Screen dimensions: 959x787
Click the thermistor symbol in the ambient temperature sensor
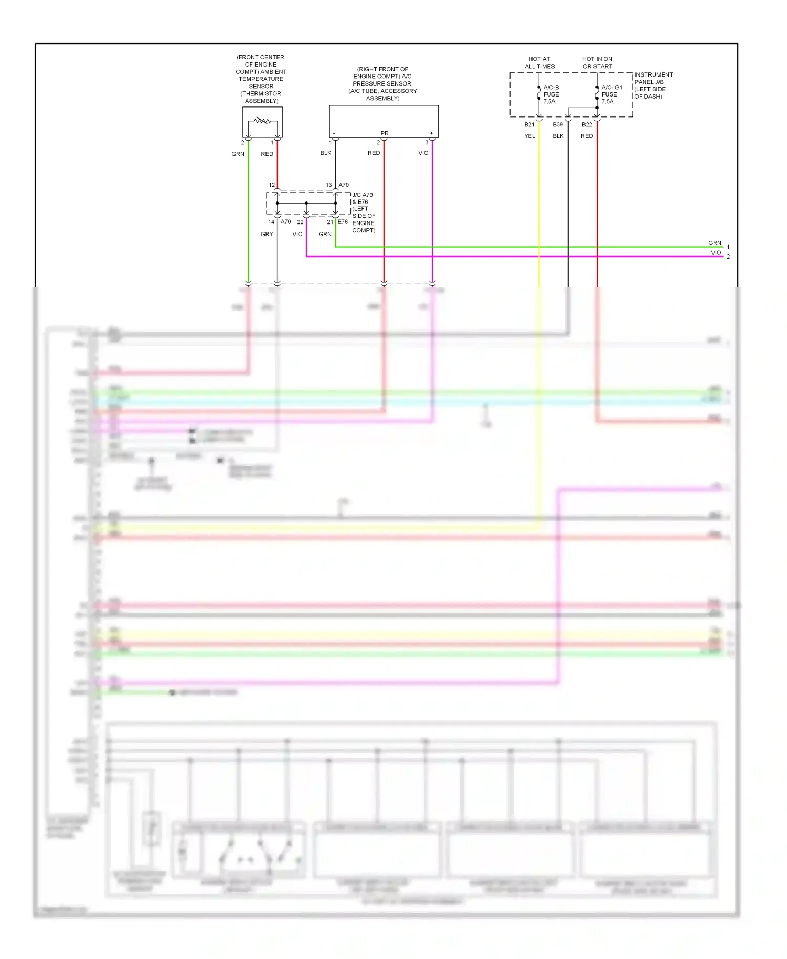click(x=262, y=121)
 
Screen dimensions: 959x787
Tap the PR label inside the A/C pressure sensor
click(x=385, y=133)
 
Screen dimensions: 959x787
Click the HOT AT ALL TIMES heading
click(x=539, y=63)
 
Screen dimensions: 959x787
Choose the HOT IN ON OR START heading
click(x=597, y=63)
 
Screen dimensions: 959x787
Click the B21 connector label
click(x=529, y=125)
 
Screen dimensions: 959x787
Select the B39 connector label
click(x=558, y=125)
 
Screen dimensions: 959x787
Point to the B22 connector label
click(x=587, y=125)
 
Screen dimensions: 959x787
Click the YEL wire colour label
click(x=530, y=136)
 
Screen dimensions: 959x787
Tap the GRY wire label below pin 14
click(x=267, y=235)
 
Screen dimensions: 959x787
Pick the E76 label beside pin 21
click(x=343, y=222)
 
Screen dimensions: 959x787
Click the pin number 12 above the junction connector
click(x=272, y=185)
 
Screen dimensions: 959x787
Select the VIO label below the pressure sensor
click(x=423, y=153)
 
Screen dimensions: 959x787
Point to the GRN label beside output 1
click(x=715, y=243)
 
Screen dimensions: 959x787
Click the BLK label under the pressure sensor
click(x=326, y=153)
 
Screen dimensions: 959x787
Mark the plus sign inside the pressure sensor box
click(x=431, y=133)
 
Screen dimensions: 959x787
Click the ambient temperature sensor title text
click(x=261, y=79)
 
